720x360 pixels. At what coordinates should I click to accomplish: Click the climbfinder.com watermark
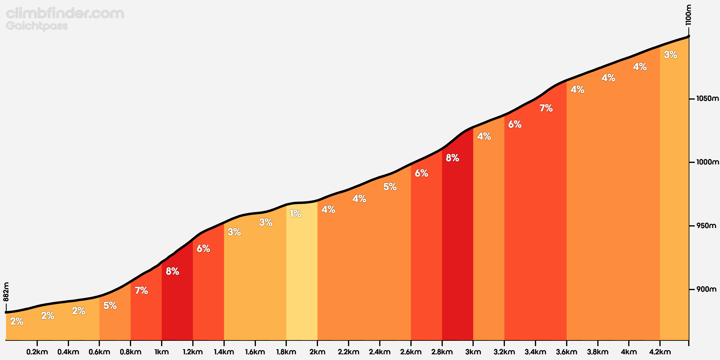pyautogui.click(x=65, y=13)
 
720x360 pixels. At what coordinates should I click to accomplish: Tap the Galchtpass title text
pyautogui.click(x=37, y=26)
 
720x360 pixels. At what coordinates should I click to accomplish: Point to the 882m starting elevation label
pyautogui.click(x=6, y=292)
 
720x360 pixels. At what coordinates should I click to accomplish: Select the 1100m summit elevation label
pyautogui.click(x=688, y=15)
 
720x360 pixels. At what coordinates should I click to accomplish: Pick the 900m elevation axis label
pyautogui.click(x=706, y=289)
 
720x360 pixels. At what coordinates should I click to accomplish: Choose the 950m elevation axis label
pyautogui.click(x=706, y=226)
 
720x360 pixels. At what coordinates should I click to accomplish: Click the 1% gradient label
pyautogui.click(x=295, y=214)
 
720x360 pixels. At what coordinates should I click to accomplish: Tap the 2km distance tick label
pyautogui.click(x=317, y=352)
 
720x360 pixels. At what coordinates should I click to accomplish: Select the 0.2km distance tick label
pyautogui.click(x=37, y=352)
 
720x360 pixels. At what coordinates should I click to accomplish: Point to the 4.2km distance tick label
pyautogui.click(x=660, y=352)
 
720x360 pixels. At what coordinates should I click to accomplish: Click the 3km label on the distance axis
pyautogui.click(x=473, y=352)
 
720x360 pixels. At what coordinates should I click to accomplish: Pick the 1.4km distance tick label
pyautogui.click(x=224, y=352)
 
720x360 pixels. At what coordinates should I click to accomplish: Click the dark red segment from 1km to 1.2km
pyautogui.click(x=177, y=300)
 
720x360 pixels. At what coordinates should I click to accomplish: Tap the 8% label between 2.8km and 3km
pyautogui.click(x=452, y=158)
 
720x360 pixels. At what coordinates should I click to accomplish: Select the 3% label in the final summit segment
pyautogui.click(x=670, y=55)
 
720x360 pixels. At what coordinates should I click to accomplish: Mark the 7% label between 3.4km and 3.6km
pyautogui.click(x=546, y=108)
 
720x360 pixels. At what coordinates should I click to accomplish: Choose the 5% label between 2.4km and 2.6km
pyautogui.click(x=390, y=187)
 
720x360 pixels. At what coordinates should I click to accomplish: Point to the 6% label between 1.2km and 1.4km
pyautogui.click(x=203, y=248)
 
